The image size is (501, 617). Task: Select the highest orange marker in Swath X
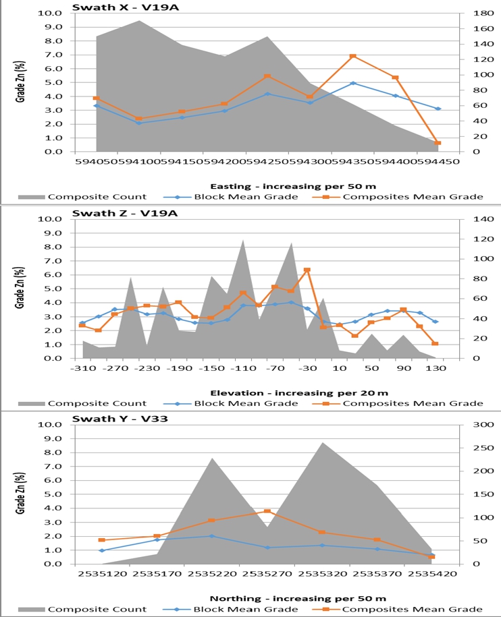coord(352,56)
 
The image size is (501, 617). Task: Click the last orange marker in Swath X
coord(438,143)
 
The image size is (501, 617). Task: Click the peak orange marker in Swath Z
coord(307,270)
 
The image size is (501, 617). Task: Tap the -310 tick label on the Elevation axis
coord(83,369)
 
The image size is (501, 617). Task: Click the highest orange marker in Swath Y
coord(267,511)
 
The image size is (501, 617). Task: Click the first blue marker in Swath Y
coord(101,550)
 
